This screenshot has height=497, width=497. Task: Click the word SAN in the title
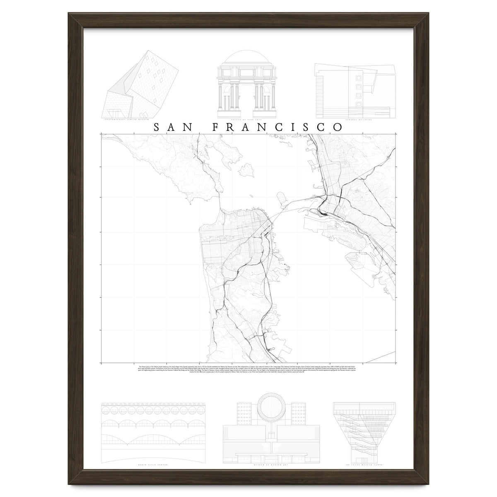click(171, 127)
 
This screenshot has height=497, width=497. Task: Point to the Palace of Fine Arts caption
click(248, 120)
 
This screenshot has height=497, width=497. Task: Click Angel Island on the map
click(248, 169)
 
